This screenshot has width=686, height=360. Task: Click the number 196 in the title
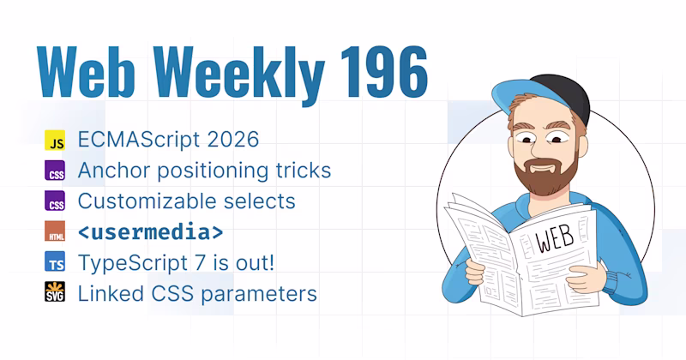[x=384, y=72]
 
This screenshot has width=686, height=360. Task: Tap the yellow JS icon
[x=55, y=140]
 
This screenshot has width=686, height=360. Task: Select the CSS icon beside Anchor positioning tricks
[x=55, y=171]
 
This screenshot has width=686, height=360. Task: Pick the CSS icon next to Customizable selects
[x=55, y=201]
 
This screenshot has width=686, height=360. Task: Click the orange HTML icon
[x=55, y=231]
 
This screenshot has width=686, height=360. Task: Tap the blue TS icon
[x=55, y=261]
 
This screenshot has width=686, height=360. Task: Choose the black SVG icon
[x=55, y=291]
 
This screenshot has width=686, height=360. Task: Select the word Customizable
[x=147, y=201]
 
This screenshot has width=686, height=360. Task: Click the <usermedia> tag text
[x=151, y=231]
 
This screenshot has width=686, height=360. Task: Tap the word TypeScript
[x=129, y=263]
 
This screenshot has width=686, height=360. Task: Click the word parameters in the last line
[x=259, y=294]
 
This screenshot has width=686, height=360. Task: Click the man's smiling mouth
[x=543, y=168]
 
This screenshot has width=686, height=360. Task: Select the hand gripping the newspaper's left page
[x=475, y=271]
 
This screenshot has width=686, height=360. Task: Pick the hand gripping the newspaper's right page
[x=587, y=278]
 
